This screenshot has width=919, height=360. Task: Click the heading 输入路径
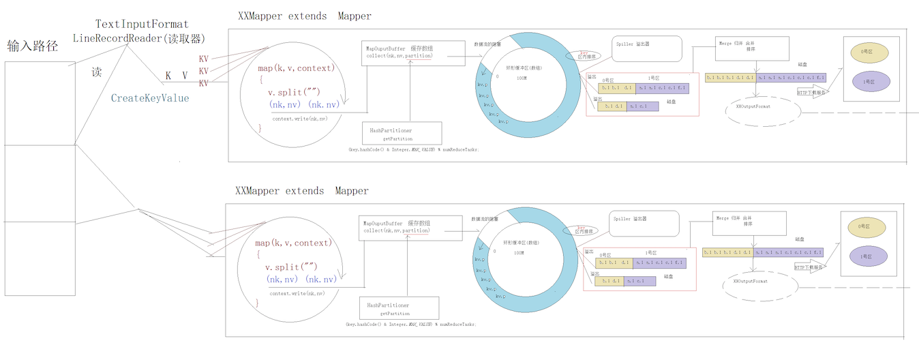tap(32, 46)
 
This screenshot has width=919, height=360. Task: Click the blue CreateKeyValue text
tap(150, 98)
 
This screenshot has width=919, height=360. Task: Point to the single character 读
tap(96, 72)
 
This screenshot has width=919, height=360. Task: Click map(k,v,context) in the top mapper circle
tap(295, 68)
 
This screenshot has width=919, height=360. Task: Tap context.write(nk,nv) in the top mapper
tap(299, 119)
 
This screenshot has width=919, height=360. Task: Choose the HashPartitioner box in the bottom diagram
tap(399, 309)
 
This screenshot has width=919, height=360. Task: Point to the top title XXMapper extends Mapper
tap(305, 16)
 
